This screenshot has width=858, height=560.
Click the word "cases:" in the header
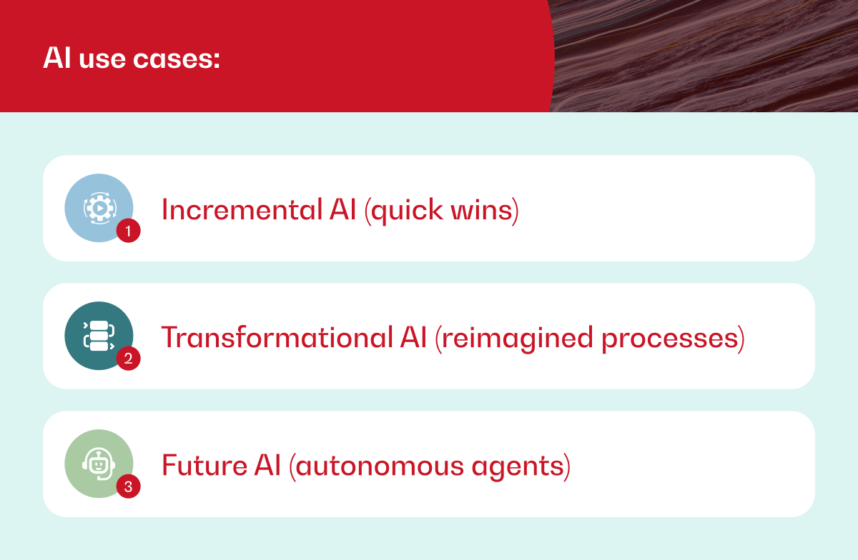click(x=176, y=59)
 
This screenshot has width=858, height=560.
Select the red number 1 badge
click(x=128, y=231)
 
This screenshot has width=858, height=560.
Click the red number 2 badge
click(x=128, y=359)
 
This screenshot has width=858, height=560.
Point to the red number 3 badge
click(x=128, y=486)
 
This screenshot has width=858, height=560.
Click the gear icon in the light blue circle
click(x=99, y=209)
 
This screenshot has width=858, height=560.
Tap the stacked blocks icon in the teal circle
click(x=99, y=336)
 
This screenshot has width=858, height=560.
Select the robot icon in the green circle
click(x=99, y=464)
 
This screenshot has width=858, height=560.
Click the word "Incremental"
click(x=242, y=210)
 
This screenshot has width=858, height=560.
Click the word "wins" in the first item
click(x=485, y=211)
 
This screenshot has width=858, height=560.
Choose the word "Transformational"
click(x=277, y=337)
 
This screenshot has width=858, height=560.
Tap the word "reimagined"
click(x=514, y=339)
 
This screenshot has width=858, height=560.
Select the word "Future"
click(x=204, y=466)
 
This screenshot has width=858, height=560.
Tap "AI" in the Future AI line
click(x=267, y=465)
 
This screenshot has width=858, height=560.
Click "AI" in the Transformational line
click(x=414, y=337)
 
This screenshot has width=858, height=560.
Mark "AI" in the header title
click(x=57, y=58)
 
